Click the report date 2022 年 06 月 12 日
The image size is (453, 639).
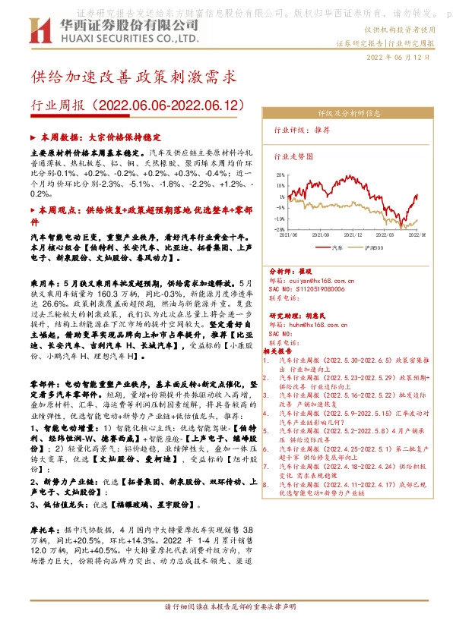point(401,58)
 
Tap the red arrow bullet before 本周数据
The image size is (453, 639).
point(32,139)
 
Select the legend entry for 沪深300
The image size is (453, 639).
point(369,247)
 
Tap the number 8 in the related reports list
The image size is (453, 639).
point(266,483)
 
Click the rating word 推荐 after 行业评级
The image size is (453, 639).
point(322,131)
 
